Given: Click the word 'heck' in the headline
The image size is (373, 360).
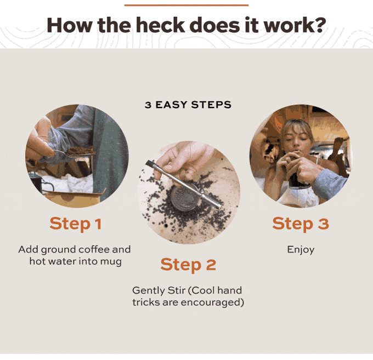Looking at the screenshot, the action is click(x=160, y=25).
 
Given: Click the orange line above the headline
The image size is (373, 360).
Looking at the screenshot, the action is click(x=187, y=5).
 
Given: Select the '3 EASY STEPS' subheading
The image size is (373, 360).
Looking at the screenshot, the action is click(x=188, y=105).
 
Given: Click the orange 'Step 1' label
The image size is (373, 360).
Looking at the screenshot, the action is click(x=76, y=224).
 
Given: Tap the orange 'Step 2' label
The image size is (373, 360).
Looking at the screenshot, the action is click(x=188, y=265).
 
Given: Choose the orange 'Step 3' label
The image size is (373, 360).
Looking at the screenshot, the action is click(x=301, y=224).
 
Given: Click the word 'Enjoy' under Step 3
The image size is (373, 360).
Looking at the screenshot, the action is click(x=301, y=250).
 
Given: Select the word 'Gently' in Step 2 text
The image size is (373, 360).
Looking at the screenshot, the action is click(x=149, y=290).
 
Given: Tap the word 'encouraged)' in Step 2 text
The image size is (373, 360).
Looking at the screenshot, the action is click(x=212, y=302).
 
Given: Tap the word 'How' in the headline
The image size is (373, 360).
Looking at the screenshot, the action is click(x=69, y=25).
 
